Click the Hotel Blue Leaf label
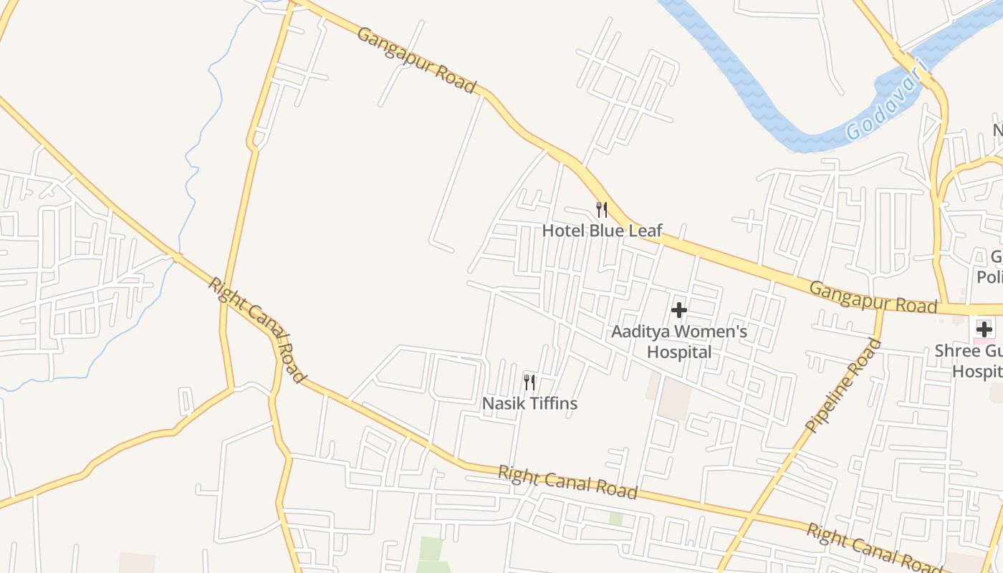point(602,231)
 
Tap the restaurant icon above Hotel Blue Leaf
point(602,210)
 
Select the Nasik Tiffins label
point(529,404)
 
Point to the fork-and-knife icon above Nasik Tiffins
point(529,382)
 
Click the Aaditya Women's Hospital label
point(678,342)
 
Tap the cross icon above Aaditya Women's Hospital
point(678,311)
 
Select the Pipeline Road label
point(844,385)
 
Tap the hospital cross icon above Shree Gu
point(984,329)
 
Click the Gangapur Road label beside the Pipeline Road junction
point(873,297)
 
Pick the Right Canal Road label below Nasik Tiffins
point(567,482)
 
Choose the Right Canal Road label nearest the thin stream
point(257,330)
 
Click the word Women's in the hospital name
point(710,332)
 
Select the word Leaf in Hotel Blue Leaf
point(644,231)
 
